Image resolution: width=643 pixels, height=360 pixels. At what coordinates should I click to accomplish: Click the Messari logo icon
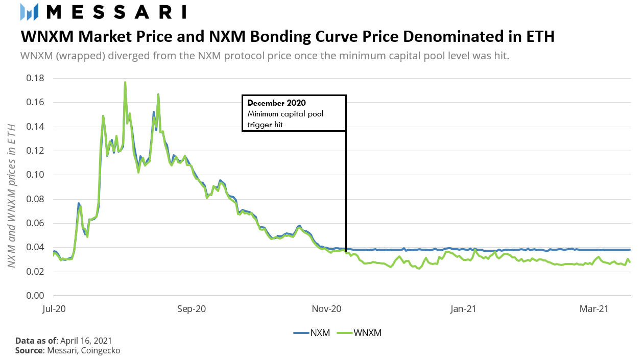(x=29, y=11)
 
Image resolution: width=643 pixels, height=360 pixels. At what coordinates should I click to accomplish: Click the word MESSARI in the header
(x=115, y=11)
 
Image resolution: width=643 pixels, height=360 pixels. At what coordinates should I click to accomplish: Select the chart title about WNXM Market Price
(x=287, y=37)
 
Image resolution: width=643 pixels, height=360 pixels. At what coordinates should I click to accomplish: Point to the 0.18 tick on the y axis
(x=35, y=78)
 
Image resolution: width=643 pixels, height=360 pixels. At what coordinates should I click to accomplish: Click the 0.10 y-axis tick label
(x=35, y=175)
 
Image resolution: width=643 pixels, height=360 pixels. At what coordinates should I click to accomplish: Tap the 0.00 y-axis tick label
(x=35, y=296)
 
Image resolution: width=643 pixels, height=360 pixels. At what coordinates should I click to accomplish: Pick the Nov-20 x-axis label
(x=327, y=309)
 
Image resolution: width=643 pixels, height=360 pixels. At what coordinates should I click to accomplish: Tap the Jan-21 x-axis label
(x=464, y=309)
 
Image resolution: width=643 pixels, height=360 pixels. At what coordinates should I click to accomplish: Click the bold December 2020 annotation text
(x=276, y=103)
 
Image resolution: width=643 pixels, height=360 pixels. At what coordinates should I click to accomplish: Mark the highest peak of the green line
(x=125, y=82)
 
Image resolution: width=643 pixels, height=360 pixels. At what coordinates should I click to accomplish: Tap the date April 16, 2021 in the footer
(x=86, y=341)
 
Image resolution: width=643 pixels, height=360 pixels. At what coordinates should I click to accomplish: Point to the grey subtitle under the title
(x=265, y=55)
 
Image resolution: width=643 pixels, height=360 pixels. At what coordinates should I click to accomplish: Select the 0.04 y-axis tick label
(x=35, y=247)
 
